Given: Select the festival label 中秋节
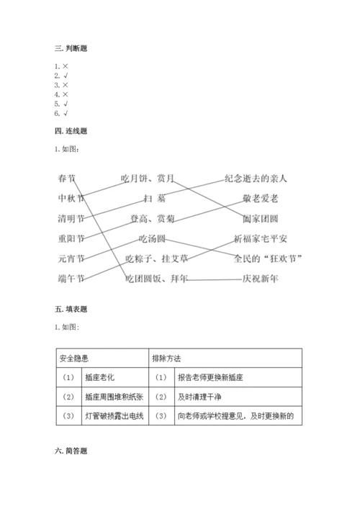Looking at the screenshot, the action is coord(71,197).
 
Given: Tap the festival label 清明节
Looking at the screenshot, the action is coord(71,217).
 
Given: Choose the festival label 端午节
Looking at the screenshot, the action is coord(71,278).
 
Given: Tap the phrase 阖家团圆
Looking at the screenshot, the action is coord(261,217).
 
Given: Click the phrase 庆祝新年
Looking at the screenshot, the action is coord(261,278).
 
